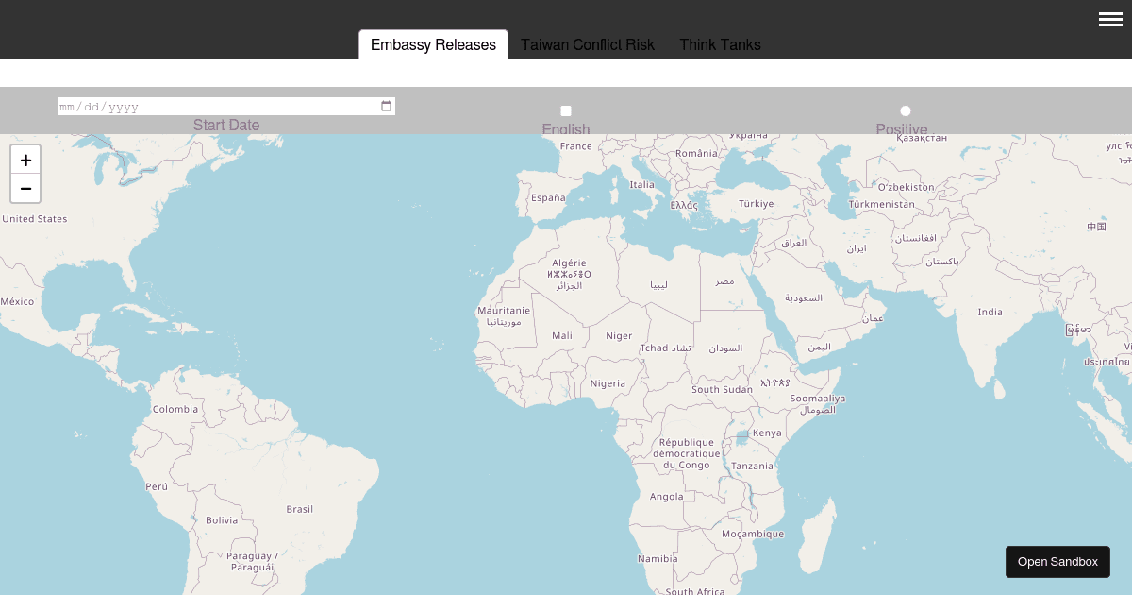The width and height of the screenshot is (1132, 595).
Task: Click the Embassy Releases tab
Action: (433, 44)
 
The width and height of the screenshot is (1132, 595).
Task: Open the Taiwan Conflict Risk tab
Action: (588, 44)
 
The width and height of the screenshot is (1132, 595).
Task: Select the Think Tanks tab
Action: (720, 44)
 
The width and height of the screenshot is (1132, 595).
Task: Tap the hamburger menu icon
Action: (1110, 19)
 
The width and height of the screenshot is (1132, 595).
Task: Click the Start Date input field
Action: (217, 107)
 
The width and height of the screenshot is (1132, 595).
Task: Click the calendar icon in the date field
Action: (386, 107)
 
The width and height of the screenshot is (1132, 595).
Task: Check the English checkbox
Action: (566, 111)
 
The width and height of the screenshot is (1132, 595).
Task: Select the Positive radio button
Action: (906, 111)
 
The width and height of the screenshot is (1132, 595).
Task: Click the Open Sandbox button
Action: (1057, 562)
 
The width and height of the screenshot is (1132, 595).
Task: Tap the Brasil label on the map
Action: (300, 509)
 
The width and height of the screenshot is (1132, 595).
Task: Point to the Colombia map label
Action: (175, 409)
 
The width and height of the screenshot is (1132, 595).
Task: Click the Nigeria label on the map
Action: (608, 383)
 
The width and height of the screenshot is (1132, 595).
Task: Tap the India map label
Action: (990, 312)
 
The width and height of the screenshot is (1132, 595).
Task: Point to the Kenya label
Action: (767, 433)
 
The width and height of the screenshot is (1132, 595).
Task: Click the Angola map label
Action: (667, 496)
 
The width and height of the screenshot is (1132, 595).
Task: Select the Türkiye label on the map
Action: (756, 203)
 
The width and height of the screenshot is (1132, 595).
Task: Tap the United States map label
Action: (35, 219)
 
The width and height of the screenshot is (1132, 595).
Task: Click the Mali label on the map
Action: (562, 335)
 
